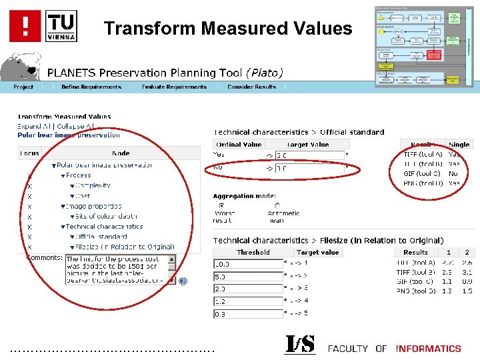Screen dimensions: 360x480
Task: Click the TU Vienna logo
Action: pos(61,25)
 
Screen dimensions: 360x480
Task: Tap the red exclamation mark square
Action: pos(25,26)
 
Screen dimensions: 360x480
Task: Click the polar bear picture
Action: pos(20,67)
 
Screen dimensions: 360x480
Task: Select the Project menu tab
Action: pos(23,87)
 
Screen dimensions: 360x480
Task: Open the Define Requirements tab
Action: pos(91,87)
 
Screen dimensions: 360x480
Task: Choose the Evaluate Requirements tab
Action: pos(174,87)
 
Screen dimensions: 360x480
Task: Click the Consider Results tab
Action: pos(251,87)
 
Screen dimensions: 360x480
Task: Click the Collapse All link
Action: pos(75,126)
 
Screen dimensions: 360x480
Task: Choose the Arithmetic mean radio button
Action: pos(277,205)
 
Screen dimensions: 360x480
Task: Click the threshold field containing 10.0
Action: pos(248,264)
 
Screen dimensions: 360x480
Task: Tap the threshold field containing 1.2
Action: pos(248,301)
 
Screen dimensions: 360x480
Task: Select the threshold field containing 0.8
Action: pos(248,313)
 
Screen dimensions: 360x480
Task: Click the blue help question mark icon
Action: pos(183,281)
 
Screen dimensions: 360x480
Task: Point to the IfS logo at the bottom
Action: pos(300,345)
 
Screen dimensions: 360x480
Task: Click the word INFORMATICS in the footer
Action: pos(428,349)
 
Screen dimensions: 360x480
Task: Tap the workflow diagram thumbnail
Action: pos(424,46)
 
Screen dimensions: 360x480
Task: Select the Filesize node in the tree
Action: pos(127,247)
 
